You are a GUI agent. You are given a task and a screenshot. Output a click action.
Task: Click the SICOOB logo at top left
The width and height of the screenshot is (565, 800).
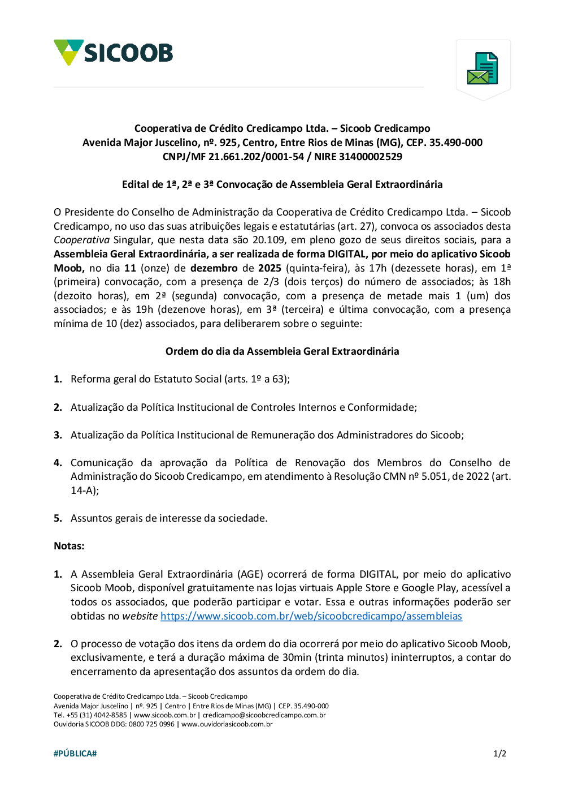pos(114,53)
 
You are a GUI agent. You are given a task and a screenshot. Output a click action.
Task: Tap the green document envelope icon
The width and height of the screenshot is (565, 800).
pos(483,68)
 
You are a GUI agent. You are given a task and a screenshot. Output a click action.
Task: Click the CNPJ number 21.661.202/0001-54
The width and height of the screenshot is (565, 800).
pos(256,157)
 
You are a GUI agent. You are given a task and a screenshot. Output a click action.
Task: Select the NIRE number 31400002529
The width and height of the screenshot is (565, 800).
pos(371,157)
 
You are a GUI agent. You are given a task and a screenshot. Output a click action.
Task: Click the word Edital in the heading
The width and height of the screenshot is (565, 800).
pos(135,184)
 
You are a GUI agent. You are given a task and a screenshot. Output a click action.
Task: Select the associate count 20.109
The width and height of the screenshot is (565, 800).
pos(268,240)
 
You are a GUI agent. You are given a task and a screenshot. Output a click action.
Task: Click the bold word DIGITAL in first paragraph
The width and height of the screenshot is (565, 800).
pos(346,254)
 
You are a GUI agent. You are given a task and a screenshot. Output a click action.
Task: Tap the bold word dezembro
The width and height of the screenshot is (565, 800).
pos(214,268)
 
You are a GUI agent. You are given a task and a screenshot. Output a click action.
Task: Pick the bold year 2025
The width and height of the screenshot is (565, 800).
pos(270,268)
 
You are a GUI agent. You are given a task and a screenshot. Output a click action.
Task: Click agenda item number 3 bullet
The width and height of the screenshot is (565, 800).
pos(58,435)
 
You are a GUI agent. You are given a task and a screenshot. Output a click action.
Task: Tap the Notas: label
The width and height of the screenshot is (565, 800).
pos(69,546)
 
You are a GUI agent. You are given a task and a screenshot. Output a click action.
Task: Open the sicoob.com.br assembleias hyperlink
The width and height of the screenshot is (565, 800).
pos(311,616)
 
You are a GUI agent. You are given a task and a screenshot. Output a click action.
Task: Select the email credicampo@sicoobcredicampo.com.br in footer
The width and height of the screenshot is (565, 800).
pos(264,715)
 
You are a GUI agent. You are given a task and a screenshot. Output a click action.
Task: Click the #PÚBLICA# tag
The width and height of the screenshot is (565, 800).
pos(75,754)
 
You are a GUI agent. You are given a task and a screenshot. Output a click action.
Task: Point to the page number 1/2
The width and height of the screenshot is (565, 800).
pos(499,754)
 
